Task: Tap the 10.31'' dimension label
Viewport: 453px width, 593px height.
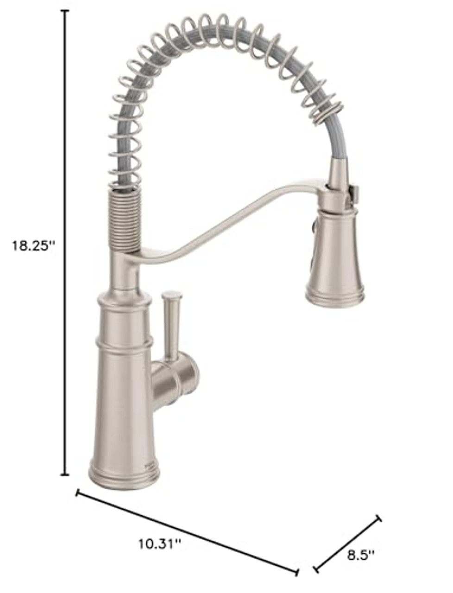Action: click(x=159, y=543)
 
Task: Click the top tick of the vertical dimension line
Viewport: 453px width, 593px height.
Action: click(x=65, y=10)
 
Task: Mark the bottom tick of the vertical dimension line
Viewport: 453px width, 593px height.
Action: click(x=65, y=474)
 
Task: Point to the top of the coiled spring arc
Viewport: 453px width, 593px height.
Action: click(x=204, y=23)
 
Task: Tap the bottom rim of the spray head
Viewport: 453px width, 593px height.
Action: click(x=334, y=298)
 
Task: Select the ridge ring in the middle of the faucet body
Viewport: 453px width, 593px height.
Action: click(x=124, y=343)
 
